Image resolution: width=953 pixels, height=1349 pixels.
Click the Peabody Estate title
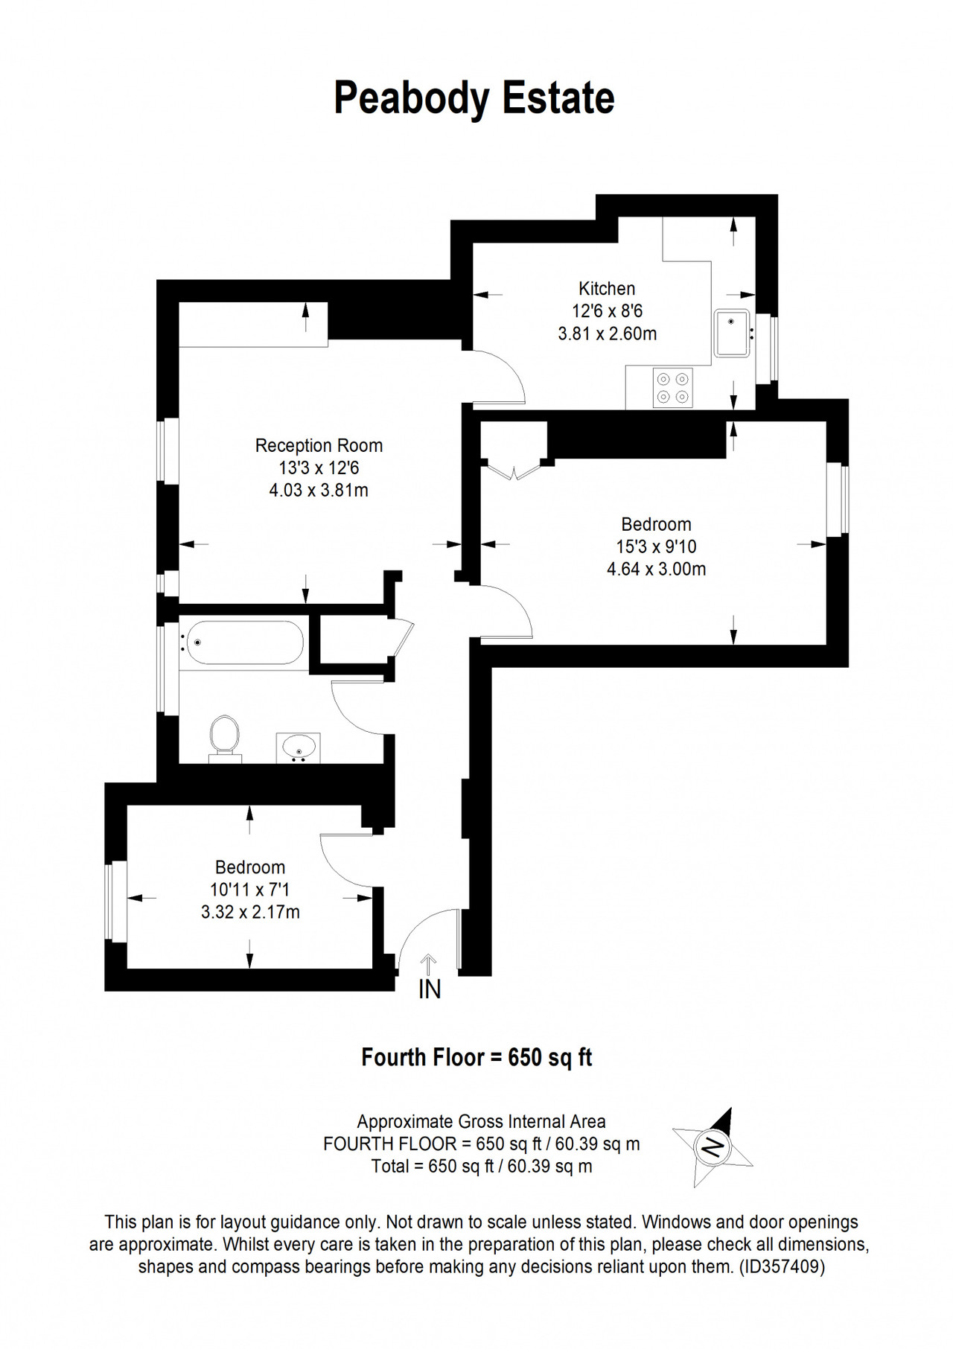(x=474, y=99)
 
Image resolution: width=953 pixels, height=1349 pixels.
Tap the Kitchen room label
(x=608, y=288)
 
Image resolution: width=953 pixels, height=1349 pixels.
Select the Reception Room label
(x=319, y=445)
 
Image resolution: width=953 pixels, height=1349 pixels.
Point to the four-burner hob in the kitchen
(x=672, y=388)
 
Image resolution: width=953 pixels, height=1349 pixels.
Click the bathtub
(x=244, y=642)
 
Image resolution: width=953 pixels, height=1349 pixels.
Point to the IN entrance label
(x=430, y=989)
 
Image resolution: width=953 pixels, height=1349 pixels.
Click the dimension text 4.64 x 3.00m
(x=657, y=570)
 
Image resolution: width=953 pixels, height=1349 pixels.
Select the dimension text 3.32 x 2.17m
(x=250, y=912)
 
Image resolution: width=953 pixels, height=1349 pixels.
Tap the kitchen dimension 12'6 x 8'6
(x=607, y=311)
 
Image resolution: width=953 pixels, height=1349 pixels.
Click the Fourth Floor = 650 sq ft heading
(x=476, y=1057)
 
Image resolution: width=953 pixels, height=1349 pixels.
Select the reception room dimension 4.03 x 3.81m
(x=319, y=491)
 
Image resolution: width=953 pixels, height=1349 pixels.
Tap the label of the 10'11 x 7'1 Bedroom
(x=250, y=867)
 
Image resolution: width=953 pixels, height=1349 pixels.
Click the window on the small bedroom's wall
(x=116, y=902)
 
